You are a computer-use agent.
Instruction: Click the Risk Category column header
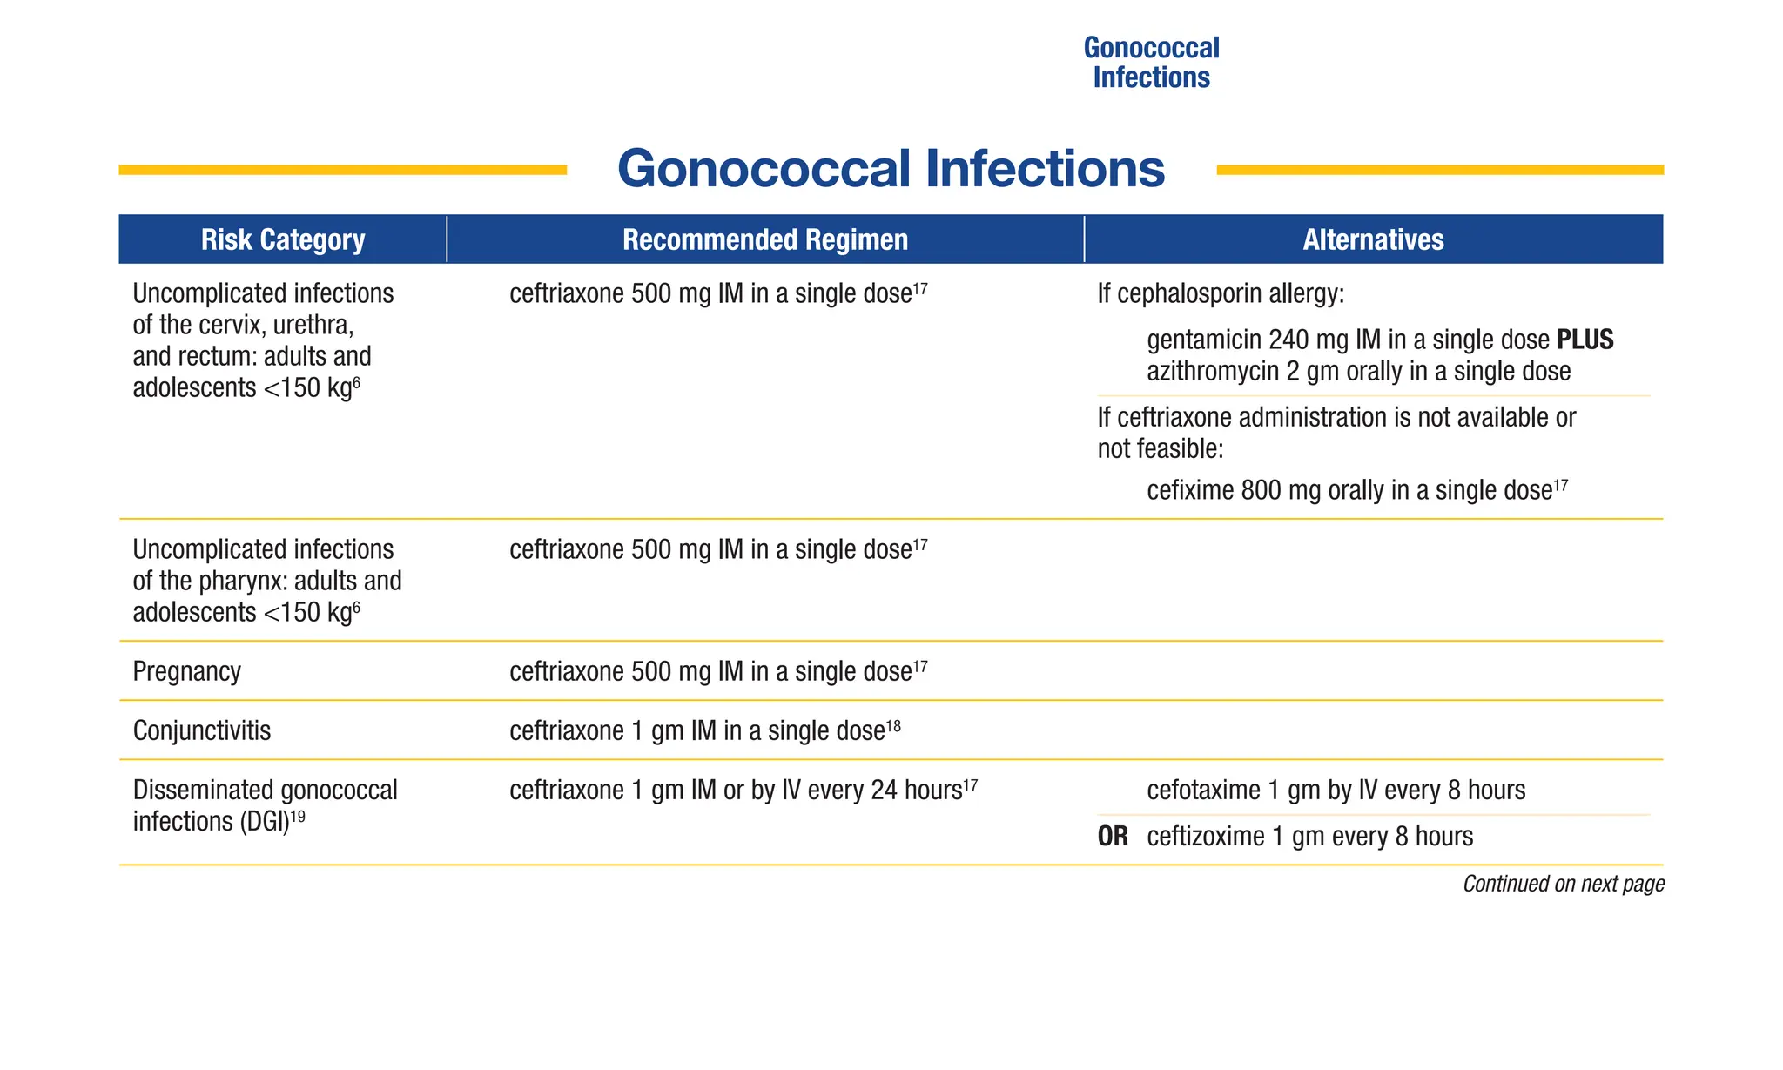[283, 239]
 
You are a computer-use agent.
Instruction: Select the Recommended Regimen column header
[764, 239]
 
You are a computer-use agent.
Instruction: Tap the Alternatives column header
[1373, 239]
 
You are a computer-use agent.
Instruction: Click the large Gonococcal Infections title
[891, 168]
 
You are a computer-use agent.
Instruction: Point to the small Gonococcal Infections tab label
[1151, 63]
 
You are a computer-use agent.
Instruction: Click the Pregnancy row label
[186, 671]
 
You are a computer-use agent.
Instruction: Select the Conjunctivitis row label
[201, 730]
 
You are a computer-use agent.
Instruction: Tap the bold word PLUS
[1585, 340]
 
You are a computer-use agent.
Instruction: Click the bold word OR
[1113, 837]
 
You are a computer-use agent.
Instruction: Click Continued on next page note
[1563, 884]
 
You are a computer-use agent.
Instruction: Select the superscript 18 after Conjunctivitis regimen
[893, 724]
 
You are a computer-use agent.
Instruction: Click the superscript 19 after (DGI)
[298, 815]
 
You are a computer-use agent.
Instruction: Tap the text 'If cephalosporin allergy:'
[1221, 294]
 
